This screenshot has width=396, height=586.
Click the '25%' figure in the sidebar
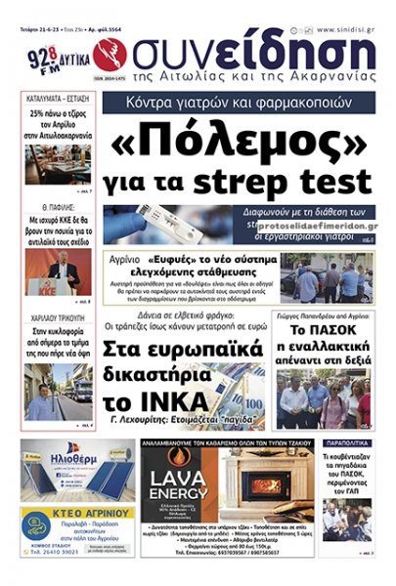tap(42, 113)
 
